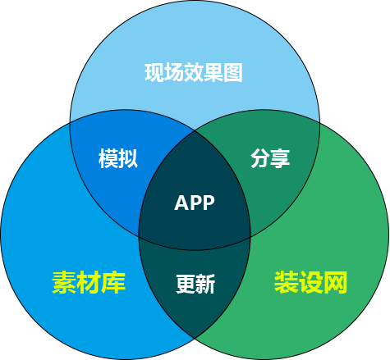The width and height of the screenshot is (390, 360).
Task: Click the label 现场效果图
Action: (x=194, y=72)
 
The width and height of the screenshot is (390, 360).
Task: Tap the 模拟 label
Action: (x=118, y=158)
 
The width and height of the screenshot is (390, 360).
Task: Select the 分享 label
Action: (x=270, y=158)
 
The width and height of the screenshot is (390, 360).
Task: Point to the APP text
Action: (x=195, y=203)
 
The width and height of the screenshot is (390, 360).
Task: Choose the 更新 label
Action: (x=195, y=284)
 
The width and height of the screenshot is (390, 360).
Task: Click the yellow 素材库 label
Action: (x=89, y=283)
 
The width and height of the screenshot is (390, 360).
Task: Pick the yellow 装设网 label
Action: (x=310, y=282)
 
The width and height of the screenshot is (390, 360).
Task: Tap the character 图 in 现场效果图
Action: (x=233, y=72)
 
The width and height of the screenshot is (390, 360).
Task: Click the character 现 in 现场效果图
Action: (x=154, y=72)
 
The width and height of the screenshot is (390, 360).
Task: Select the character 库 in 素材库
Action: (x=113, y=283)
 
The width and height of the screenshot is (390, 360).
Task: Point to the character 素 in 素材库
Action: (x=64, y=283)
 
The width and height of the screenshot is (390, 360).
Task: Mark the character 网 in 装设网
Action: (x=336, y=282)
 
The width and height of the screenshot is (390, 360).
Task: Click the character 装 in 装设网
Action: (x=286, y=282)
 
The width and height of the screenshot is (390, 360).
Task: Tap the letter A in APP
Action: (x=181, y=203)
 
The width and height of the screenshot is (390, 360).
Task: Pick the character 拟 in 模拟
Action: (x=128, y=158)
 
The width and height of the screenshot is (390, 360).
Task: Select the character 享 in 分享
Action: (x=280, y=158)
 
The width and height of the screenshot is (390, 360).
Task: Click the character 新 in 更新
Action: (x=205, y=284)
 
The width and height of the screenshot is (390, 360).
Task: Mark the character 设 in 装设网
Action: (x=310, y=282)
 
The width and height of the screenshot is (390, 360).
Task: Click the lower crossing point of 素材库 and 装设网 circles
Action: (x=195, y=339)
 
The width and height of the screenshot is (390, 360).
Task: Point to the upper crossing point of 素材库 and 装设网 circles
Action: (x=195, y=131)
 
